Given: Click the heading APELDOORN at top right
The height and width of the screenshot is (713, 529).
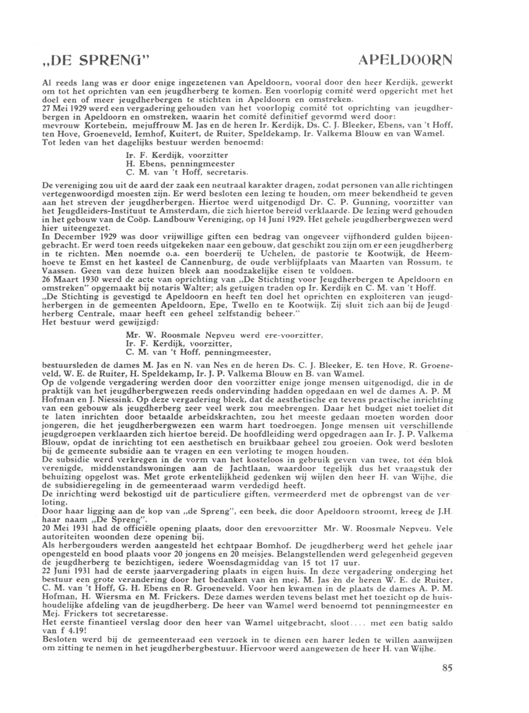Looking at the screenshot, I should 404,62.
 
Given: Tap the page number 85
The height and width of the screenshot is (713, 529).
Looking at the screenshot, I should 447,669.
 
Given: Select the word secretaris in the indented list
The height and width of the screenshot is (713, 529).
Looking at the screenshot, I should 210,175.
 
